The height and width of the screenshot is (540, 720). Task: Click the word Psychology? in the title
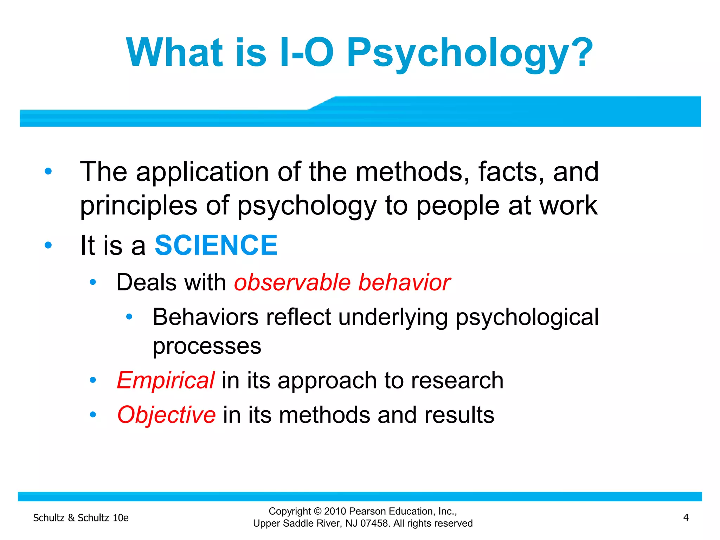point(469,53)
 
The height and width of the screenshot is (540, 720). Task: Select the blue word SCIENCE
point(216,245)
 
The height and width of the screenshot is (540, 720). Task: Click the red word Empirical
point(166,380)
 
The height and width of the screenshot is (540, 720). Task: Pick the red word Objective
point(166,415)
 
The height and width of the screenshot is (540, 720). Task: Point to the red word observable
point(292,282)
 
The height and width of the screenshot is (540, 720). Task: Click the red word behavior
point(404,282)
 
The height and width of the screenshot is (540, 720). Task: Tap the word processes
point(207,346)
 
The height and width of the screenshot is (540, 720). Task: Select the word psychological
point(527,317)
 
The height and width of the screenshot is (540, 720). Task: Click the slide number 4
point(686,517)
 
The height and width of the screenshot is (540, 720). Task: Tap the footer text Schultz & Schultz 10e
point(81,518)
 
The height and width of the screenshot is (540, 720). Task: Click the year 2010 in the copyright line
point(335,511)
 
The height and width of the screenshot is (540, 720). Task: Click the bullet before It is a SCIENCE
point(48,245)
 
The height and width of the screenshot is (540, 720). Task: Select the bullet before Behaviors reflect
point(129,317)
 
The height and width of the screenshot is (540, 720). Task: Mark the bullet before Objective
point(93,415)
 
